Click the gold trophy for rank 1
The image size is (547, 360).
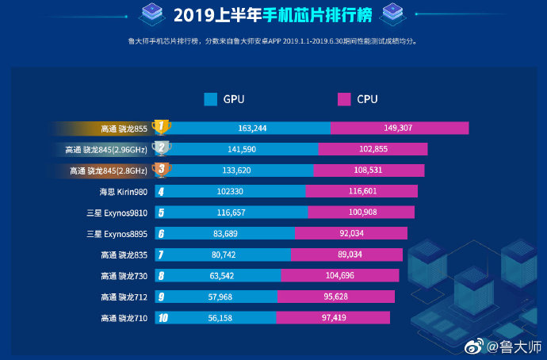pyautogui.click(x=161, y=127)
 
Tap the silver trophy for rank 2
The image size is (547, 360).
pyautogui.click(x=161, y=148)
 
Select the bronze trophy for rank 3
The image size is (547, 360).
pyautogui.click(x=161, y=170)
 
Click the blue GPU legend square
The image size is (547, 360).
pyautogui.click(x=210, y=99)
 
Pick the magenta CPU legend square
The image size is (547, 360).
pyautogui.click(x=343, y=99)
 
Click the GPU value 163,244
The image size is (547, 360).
pyautogui.click(x=251, y=128)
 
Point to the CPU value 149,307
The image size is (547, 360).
pyautogui.click(x=399, y=128)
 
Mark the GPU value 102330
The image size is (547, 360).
pyautogui.click(x=232, y=191)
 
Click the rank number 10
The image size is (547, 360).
pyautogui.click(x=163, y=318)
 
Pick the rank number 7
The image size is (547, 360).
pyautogui.click(x=161, y=255)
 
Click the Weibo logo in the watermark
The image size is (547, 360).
pyautogui.click(x=473, y=347)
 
